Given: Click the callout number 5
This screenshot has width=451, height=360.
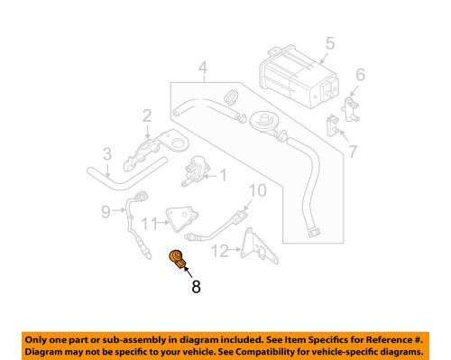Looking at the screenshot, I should coord(329,42).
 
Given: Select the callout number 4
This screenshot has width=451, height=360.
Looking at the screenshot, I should coord(204,67).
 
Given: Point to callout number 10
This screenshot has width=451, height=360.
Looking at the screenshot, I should coord(257,190).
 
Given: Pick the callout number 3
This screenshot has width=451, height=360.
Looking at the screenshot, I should coord(106,153).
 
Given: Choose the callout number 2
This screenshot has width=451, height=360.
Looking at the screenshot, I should coord(146,115).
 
